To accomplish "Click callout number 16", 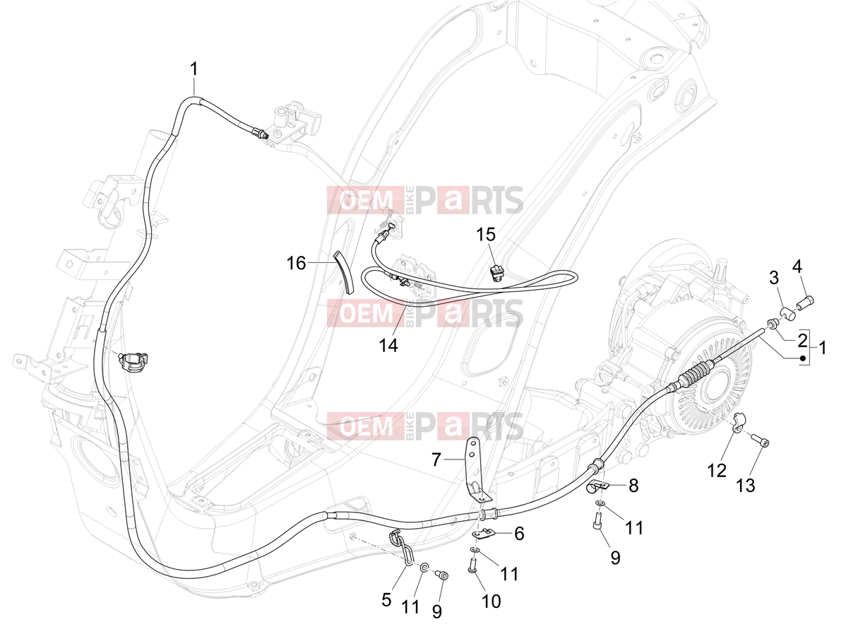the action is click(296, 264).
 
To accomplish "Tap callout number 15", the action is click(486, 235).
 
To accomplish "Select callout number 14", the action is click(388, 345).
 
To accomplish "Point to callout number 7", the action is click(436, 460).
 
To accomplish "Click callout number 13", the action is click(745, 486).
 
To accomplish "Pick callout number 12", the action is click(717, 471).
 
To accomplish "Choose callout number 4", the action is click(797, 266).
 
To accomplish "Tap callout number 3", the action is click(774, 278).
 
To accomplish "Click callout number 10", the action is click(492, 602).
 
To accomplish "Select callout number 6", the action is click(519, 534).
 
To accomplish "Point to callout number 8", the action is click(633, 486).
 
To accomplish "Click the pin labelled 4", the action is click(805, 301).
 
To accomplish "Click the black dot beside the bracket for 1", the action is click(803, 358).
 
